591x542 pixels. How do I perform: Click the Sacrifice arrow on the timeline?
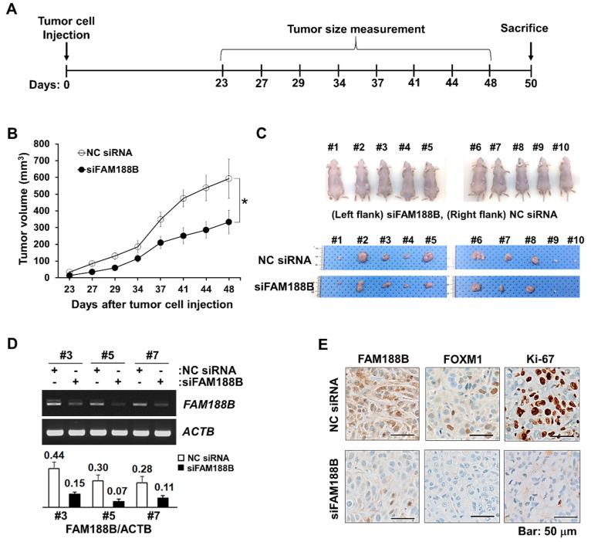(530, 50)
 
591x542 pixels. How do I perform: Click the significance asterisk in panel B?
(244, 202)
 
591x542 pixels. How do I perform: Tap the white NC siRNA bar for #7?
(142, 493)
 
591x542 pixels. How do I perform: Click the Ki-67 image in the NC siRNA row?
(542, 404)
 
